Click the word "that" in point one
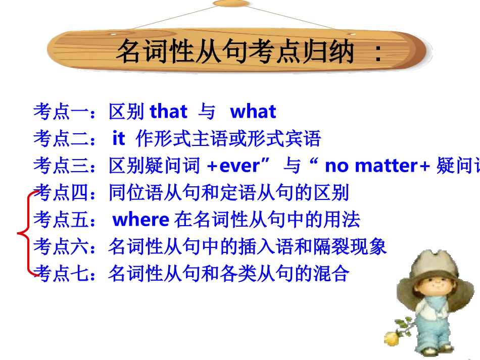pos(169,112)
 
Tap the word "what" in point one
pos(253,112)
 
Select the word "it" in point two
pos(118,139)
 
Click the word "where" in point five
pos(140,220)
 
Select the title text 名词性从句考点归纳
pos(235,52)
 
